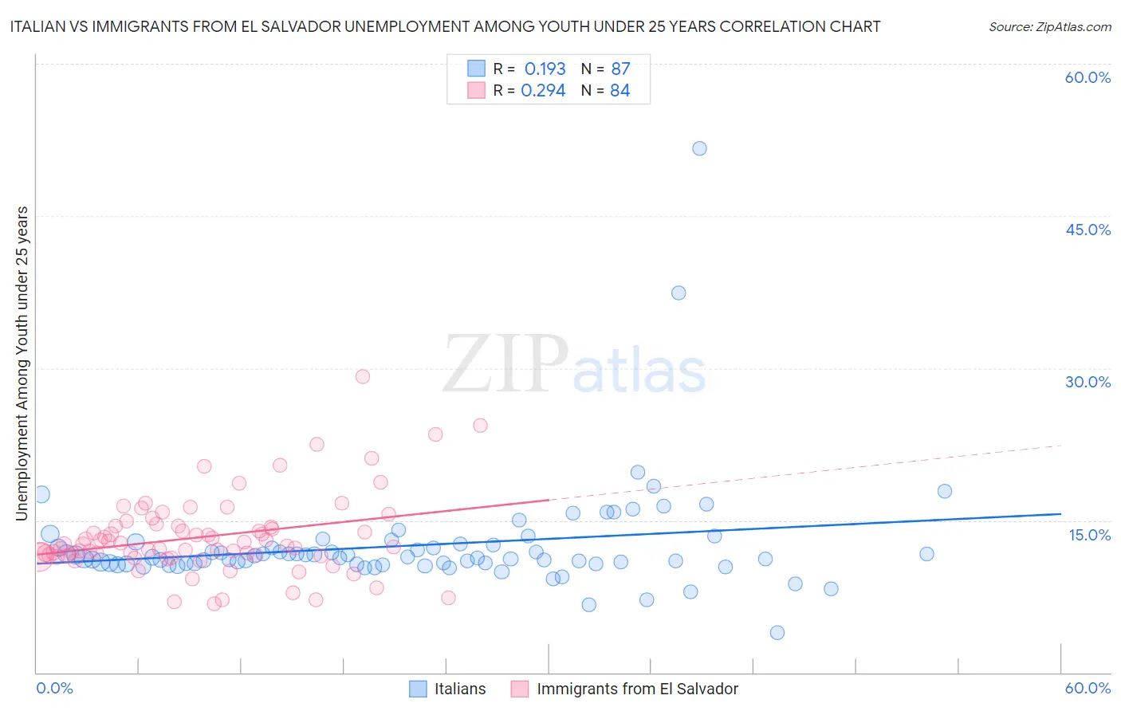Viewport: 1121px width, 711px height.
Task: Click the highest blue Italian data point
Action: (x=699, y=148)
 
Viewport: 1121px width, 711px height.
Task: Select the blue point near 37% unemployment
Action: (x=678, y=293)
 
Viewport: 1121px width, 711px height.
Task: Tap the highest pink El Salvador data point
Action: (x=363, y=376)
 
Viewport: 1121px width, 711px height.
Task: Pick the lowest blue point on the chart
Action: (x=777, y=632)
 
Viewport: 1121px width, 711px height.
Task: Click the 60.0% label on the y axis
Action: (x=1088, y=77)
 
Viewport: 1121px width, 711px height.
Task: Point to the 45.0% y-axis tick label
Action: (x=1088, y=230)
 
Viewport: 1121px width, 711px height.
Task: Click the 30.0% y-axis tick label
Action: (x=1088, y=382)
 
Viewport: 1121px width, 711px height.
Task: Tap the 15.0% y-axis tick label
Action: (x=1089, y=535)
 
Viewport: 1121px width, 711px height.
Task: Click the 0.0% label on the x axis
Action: (x=55, y=688)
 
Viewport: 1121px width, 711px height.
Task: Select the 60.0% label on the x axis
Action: (x=1088, y=688)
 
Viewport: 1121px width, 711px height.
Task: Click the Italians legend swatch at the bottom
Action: (x=418, y=689)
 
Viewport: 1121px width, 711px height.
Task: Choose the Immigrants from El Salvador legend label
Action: (x=637, y=689)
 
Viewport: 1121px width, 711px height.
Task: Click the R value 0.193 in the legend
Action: (x=545, y=69)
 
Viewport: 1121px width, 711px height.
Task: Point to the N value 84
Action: (x=619, y=91)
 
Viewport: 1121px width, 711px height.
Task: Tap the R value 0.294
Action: (x=543, y=91)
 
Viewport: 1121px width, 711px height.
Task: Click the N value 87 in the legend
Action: (x=620, y=69)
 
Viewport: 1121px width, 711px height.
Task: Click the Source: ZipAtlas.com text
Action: (x=1049, y=26)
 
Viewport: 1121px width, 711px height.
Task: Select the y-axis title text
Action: (x=22, y=363)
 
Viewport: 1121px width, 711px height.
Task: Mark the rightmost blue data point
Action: (x=945, y=491)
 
